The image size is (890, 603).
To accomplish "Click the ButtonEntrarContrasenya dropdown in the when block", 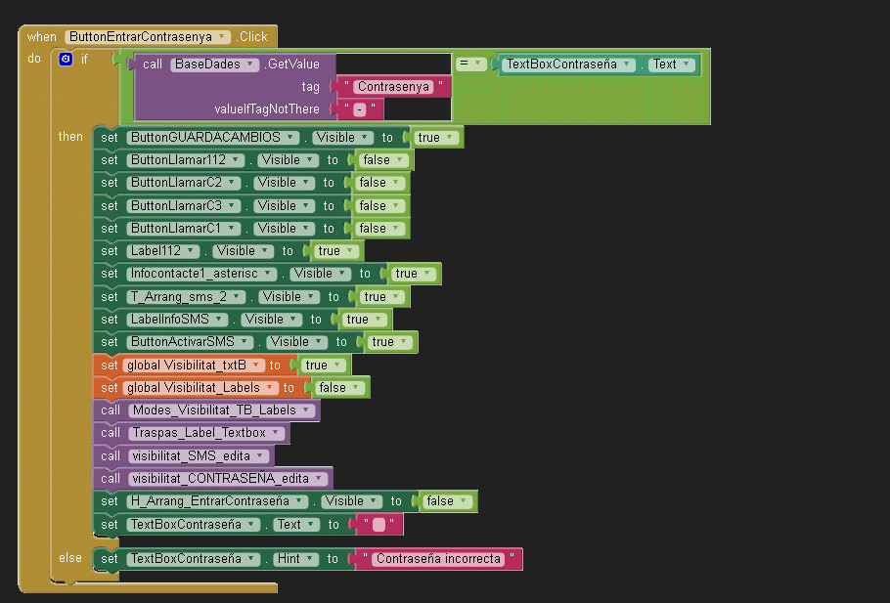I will pos(148,36).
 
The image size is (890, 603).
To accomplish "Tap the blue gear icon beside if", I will pos(66,60).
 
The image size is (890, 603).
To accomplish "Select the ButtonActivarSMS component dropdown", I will pos(191,342).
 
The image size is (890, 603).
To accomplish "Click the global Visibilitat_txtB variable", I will pos(194,366).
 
